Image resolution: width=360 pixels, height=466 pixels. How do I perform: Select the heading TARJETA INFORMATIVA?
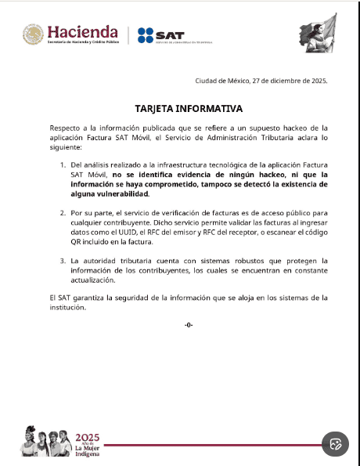pyautogui.click(x=189, y=108)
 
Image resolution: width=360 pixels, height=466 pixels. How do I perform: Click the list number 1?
pyautogui.click(x=63, y=165)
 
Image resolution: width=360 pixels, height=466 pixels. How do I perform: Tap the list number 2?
pyautogui.click(x=63, y=212)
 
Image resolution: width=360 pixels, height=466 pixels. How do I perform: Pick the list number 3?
pyautogui.click(x=63, y=259)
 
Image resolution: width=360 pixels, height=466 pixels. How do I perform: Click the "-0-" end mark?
pyautogui.click(x=188, y=324)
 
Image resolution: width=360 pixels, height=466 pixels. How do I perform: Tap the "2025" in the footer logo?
pyautogui.click(x=87, y=436)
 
